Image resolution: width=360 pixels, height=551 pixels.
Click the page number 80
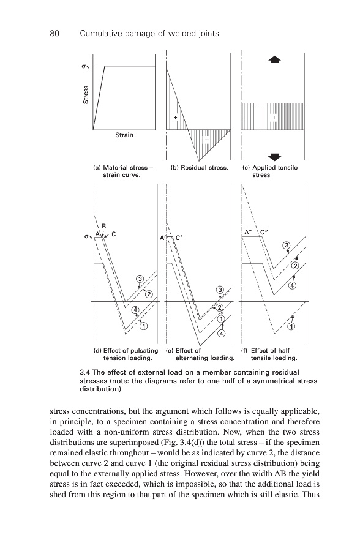54,34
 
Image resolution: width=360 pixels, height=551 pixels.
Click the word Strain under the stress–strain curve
124,135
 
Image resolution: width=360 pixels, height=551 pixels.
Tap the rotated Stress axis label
86,94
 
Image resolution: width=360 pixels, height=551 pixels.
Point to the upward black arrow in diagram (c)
274,59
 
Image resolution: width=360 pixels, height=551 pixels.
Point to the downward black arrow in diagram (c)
274,157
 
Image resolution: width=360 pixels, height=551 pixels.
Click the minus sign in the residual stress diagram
207,140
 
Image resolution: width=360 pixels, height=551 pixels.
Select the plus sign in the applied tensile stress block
274,118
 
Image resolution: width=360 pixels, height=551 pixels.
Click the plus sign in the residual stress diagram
175,117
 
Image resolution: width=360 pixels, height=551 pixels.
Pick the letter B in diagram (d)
104,226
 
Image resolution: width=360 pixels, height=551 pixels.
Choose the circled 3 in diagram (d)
140,279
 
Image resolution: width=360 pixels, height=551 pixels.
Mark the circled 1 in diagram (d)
144,326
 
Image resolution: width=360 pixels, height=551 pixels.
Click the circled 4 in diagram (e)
222,334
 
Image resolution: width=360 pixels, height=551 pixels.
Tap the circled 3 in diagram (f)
287,245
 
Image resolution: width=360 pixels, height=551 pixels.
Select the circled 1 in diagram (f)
292,327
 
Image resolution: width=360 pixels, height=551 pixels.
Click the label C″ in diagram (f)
264,232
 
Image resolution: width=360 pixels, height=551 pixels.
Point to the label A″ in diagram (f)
249,232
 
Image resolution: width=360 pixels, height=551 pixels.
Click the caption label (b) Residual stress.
200,168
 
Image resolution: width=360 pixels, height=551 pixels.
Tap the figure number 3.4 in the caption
84,372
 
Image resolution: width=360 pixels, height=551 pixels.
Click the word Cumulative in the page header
99,34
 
